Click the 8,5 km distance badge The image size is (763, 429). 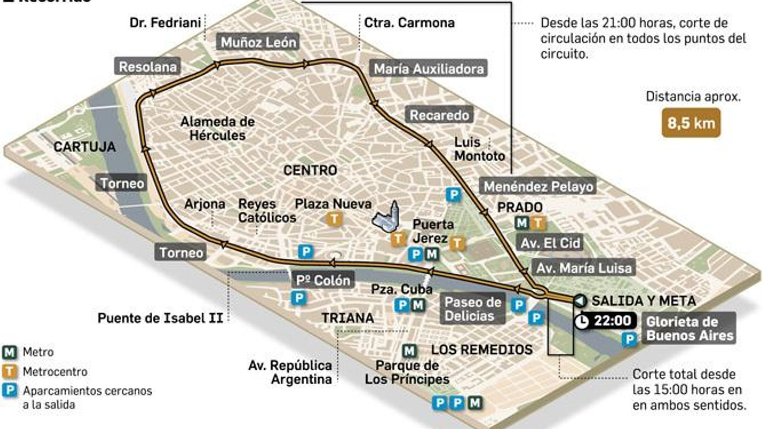click(x=691, y=123)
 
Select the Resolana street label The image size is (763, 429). click(x=147, y=67)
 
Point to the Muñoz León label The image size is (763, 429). click(x=258, y=42)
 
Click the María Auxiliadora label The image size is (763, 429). click(x=428, y=69)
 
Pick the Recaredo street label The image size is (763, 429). click(x=439, y=115)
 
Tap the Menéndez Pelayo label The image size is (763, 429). click(x=538, y=186)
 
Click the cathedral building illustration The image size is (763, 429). click(x=387, y=218)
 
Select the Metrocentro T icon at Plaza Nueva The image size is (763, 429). click(x=334, y=219)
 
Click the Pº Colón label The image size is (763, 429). click(x=323, y=280)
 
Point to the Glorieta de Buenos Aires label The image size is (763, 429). click(x=689, y=328)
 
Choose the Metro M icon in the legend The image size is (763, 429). click(x=10, y=352)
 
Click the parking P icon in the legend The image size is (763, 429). click(x=10, y=391)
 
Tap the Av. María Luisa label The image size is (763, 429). click(x=583, y=268)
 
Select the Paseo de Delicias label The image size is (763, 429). click(x=472, y=309)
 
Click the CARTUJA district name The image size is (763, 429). click(x=84, y=147)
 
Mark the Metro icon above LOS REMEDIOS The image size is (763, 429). click(x=409, y=351)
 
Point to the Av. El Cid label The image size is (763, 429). click(x=550, y=243)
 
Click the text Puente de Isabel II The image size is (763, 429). click(x=160, y=318)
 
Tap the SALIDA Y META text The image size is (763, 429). click(x=643, y=301)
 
